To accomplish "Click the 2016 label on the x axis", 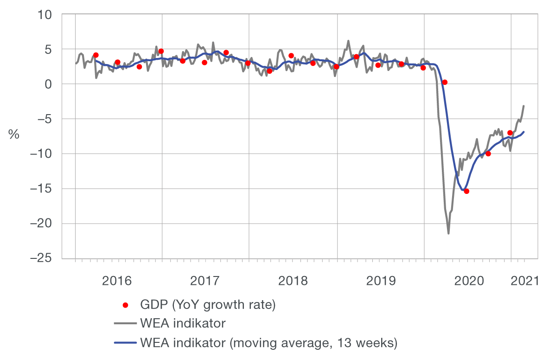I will coord(118,281).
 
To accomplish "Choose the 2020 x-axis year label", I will coord(466,281).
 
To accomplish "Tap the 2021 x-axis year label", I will coord(524,281).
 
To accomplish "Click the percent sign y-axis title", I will coord(13,135).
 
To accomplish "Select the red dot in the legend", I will coord(125,305).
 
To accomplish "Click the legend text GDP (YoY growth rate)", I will coord(208,305).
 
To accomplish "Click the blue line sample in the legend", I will coord(125,343).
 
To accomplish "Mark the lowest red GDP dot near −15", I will coord(466,191).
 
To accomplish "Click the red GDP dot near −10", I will coord(488,154).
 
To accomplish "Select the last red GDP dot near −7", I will coord(510,133).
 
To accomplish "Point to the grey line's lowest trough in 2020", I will coord(448,233).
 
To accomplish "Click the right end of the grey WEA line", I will coord(524,106).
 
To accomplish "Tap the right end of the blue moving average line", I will coord(524,132).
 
